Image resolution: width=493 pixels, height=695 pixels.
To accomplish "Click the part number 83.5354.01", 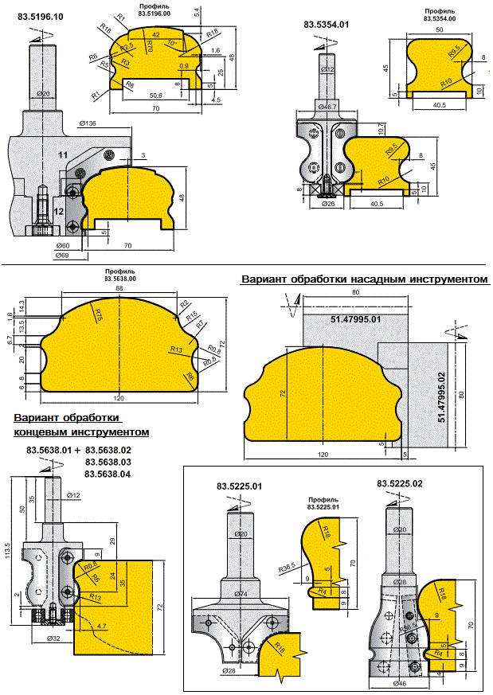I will click(x=327, y=25).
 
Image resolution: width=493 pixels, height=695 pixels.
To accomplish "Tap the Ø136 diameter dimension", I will click(x=88, y=123).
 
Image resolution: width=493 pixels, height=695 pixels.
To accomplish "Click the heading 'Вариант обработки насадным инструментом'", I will click(x=365, y=280).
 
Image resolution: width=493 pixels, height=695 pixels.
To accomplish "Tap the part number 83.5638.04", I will click(x=108, y=474).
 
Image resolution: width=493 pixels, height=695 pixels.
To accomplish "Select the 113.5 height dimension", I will click(x=7, y=556).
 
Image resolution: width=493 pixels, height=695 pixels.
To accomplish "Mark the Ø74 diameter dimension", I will click(x=237, y=593).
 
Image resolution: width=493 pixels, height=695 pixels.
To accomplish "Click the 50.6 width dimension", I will click(x=156, y=96).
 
